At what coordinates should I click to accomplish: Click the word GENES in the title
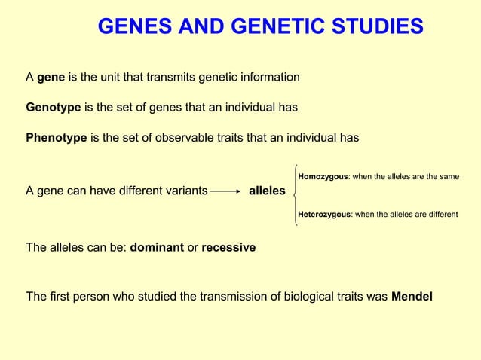click(133, 28)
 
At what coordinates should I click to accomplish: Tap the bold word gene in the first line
click(51, 78)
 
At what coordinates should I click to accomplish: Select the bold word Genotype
click(54, 108)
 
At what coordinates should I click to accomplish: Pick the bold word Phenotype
click(57, 138)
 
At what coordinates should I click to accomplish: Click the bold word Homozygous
click(323, 177)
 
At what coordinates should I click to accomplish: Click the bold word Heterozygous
click(324, 215)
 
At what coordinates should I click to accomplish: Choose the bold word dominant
click(157, 247)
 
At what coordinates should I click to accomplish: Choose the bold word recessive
click(228, 247)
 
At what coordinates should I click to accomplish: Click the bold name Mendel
click(412, 296)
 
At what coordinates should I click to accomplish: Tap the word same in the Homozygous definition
click(448, 177)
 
